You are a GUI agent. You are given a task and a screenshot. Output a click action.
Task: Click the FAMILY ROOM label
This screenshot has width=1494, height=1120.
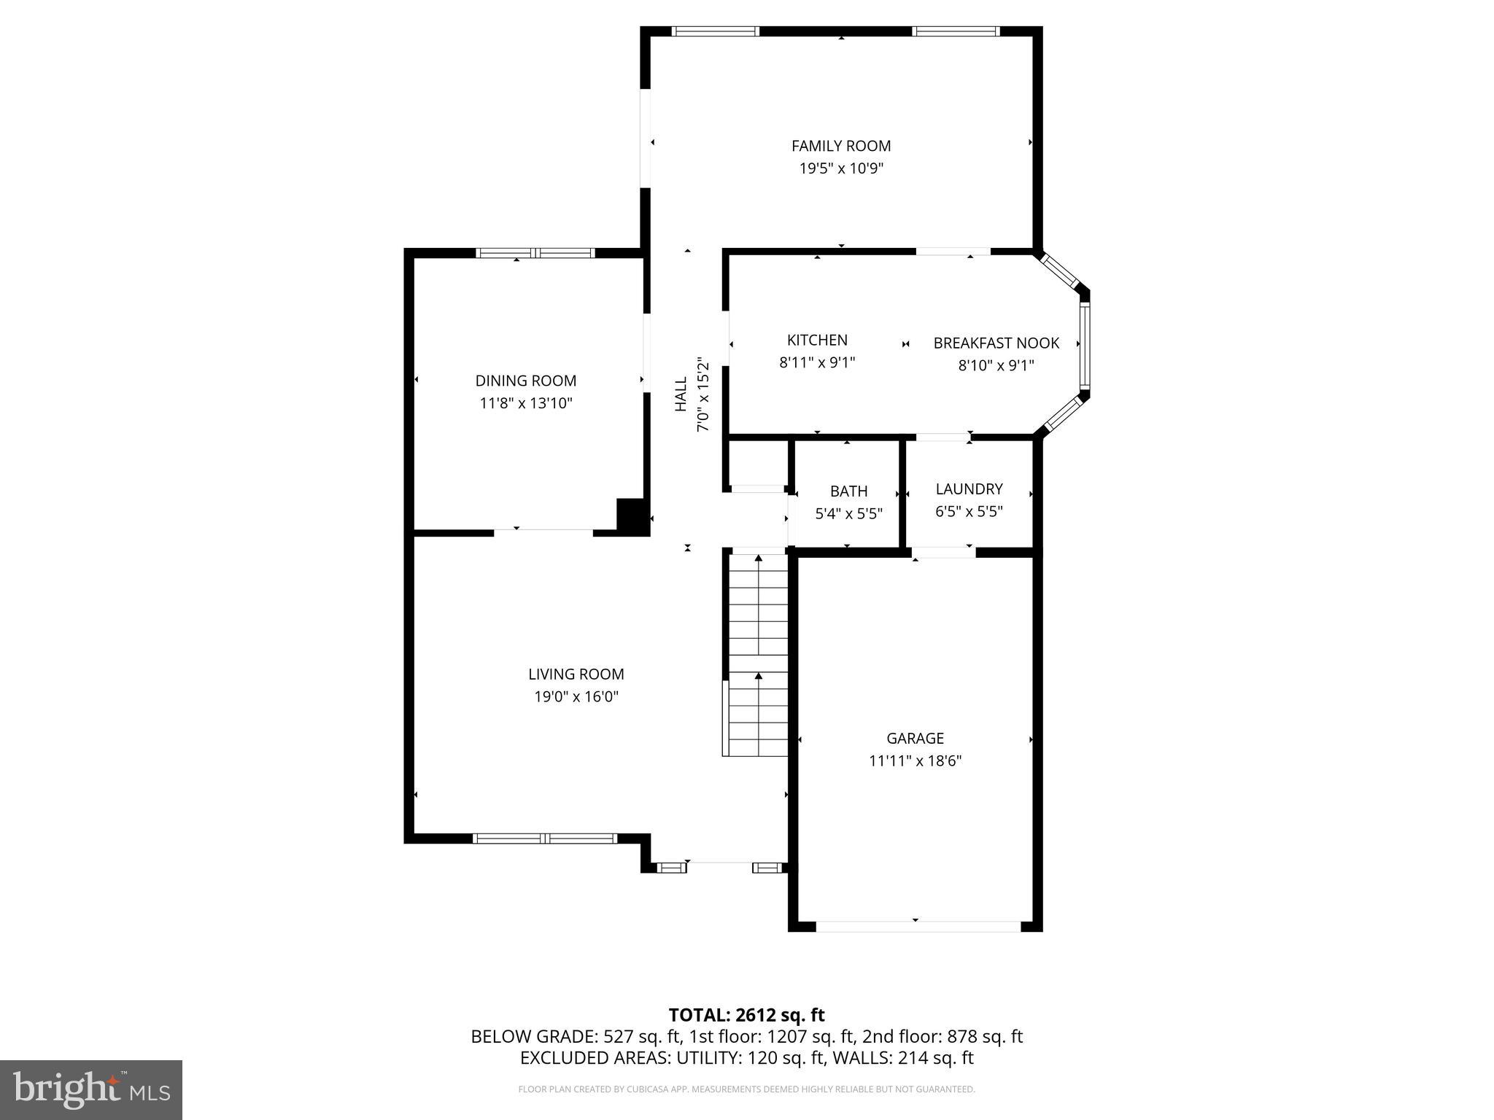coord(841,146)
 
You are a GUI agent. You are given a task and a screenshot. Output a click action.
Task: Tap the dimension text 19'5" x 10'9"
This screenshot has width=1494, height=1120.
coord(841,168)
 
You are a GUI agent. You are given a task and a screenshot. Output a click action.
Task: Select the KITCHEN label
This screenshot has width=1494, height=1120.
coord(817,340)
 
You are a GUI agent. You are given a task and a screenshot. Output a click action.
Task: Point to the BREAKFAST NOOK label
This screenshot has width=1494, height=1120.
coord(996,343)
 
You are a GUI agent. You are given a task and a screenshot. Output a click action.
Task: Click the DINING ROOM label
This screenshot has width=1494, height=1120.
coord(525,381)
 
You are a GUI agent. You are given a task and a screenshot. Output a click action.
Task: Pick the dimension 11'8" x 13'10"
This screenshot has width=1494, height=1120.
coord(525,403)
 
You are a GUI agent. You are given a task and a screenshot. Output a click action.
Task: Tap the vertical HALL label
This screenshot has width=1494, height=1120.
coord(681,394)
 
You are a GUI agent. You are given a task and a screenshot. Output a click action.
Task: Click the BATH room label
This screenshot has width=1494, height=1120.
coord(848,491)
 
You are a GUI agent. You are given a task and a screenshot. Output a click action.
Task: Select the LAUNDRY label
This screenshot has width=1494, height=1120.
coord(969,489)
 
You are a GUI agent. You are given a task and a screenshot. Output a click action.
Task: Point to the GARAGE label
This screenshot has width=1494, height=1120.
coord(915,738)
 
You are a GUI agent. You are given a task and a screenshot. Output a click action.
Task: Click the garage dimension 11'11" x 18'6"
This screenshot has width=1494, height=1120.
coord(915,761)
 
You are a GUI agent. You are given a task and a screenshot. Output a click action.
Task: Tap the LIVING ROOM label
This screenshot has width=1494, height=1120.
coord(576,674)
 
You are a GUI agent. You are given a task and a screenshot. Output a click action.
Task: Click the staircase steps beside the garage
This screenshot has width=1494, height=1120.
coord(759,656)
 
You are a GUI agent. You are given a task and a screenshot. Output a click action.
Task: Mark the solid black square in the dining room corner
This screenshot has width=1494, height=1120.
coord(632,516)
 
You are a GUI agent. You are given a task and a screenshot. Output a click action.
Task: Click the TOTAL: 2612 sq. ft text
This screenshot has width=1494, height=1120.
coord(746,1015)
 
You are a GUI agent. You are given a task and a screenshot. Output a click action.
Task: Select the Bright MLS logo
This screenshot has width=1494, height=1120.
coord(90,1089)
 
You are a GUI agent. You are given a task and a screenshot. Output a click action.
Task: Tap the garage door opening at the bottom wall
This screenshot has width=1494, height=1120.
coord(918,926)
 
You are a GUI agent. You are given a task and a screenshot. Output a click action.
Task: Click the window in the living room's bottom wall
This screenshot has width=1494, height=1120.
coord(545,839)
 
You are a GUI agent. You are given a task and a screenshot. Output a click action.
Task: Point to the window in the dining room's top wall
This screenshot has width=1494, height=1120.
coord(535,253)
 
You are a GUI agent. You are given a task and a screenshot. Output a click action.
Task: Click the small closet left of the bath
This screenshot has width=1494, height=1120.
coord(757,463)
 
